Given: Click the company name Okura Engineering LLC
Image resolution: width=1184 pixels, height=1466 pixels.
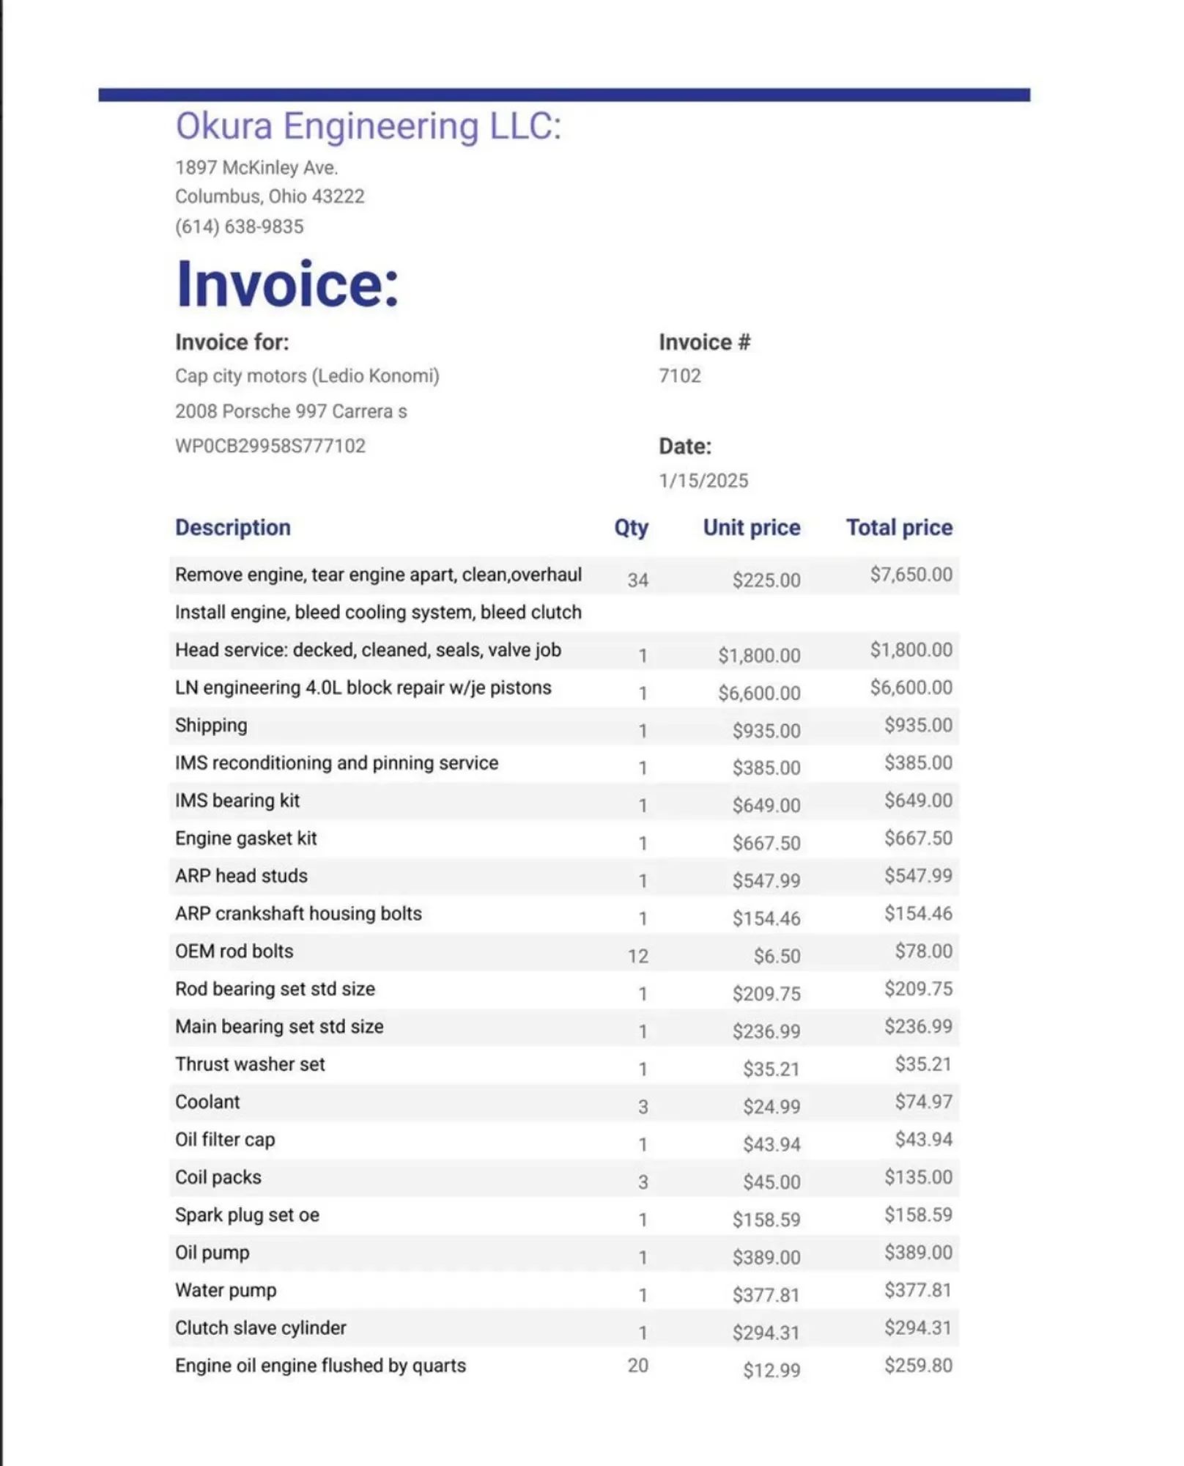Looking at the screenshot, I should (368, 126).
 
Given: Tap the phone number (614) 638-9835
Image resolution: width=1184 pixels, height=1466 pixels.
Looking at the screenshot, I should (239, 226).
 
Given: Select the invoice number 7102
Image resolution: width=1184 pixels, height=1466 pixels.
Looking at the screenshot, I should (679, 376).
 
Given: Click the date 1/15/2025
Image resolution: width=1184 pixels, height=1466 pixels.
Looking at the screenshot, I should (703, 481).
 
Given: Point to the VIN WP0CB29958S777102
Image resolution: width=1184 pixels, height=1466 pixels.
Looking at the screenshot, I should (270, 446).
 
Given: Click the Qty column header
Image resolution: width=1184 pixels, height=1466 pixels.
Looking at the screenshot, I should (631, 528).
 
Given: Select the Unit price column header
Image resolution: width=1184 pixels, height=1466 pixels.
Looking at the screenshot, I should (751, 528).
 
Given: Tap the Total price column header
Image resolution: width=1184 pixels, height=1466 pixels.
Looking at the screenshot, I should (899, 528).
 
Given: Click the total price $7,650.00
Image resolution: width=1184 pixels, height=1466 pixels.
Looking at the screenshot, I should (911, 575).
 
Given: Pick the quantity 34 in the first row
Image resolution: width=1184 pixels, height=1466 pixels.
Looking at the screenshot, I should (637, 581).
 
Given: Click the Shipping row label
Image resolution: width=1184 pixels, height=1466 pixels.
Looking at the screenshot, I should (211, 726).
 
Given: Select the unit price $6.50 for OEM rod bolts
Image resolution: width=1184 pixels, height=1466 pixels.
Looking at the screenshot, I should (777, 957).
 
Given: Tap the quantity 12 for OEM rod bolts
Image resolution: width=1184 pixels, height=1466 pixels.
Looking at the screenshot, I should (637, 957).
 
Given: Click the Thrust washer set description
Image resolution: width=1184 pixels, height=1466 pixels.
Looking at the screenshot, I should (250, 1064).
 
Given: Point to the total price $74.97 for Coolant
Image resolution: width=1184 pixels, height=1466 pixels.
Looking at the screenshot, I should (923, 1102).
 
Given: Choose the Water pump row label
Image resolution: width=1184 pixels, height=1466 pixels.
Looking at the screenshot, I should (226, 1290).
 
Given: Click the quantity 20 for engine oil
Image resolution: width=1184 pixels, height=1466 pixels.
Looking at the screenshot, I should (637, 1366).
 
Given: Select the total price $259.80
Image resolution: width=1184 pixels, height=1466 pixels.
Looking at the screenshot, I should (918, 1366).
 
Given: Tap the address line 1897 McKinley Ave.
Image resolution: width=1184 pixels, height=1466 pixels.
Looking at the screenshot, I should (256, 168).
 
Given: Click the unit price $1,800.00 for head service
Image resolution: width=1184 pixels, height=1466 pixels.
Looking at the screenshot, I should (759, 655).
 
